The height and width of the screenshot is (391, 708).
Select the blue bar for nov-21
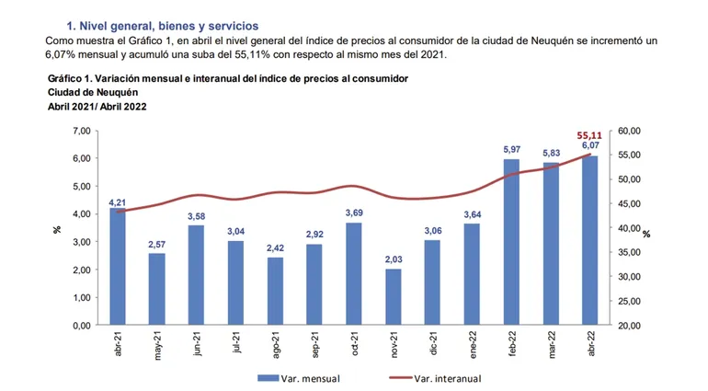tap(394, 296)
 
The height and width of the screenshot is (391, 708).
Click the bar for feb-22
tap(511, 242)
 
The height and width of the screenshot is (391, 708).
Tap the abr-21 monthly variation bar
tap(118, 267)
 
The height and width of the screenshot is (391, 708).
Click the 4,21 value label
tap(118, 201)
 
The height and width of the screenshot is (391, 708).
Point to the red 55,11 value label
tap(589, 135)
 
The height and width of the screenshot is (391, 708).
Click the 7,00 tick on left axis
tap(79, 131)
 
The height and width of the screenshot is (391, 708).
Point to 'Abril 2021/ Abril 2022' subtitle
tap(98, 107)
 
